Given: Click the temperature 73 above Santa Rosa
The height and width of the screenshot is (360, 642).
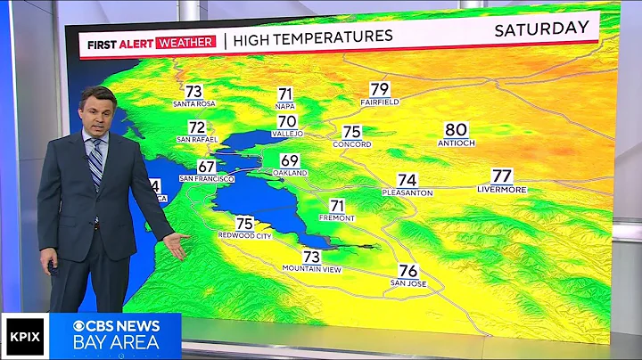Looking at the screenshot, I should (193, 92).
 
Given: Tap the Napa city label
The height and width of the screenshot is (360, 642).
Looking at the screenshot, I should (285, 106).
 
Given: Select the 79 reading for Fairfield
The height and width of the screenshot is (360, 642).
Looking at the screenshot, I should (380, 89).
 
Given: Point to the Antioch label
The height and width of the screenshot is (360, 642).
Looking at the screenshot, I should (456, 143).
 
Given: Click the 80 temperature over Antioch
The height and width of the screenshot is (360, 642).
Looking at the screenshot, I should (456, 130).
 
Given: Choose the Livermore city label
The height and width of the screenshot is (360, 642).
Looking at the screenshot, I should (502, 190).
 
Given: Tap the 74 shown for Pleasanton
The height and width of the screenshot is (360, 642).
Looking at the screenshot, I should (407, 180).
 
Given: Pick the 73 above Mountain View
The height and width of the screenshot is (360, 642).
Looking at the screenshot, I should (311, 257).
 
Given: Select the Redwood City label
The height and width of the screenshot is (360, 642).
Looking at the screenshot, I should (244, 235).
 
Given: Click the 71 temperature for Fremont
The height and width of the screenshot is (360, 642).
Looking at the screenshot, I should (337, 206).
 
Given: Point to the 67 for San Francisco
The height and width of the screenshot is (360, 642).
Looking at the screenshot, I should (207, 167).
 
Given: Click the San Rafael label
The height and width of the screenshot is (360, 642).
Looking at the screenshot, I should (196, 139).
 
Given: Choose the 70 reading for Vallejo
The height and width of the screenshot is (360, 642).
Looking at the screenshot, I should (287, 121).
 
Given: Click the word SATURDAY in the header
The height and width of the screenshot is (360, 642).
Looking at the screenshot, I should (541, 29).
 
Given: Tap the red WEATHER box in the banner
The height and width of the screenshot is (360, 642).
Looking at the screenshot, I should (185, 42).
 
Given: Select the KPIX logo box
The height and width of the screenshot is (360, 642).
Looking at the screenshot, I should (23, 336).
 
